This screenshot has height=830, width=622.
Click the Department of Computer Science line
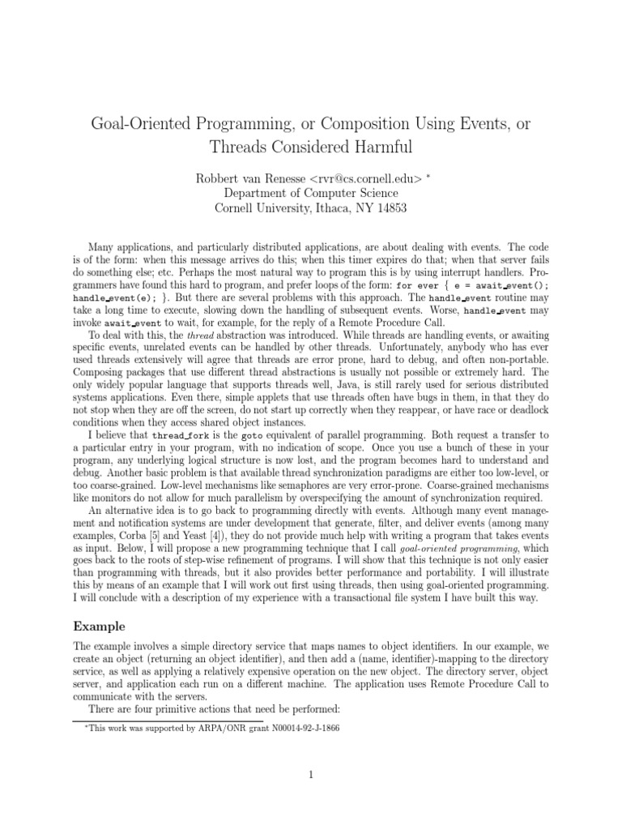[x=311, y=193]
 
